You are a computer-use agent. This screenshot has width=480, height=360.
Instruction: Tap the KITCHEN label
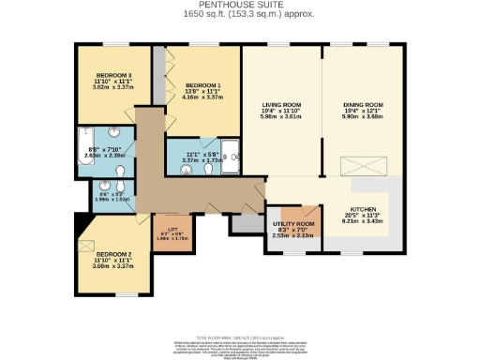click(364, 209)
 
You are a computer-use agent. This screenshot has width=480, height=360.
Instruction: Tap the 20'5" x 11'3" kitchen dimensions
click(364, 217)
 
